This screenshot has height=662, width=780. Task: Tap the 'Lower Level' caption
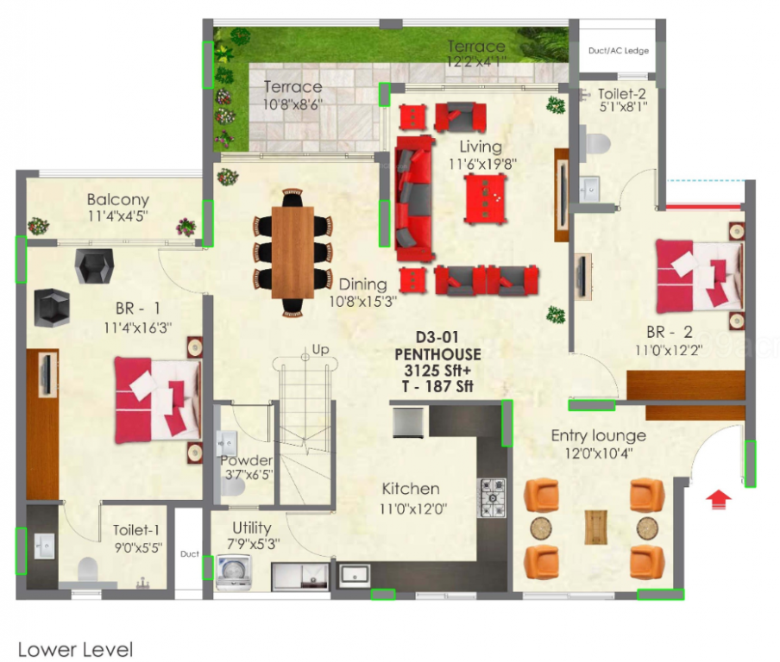[75, 649]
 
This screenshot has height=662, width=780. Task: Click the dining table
[292, 253]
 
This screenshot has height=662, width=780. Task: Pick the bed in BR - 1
[159, 400]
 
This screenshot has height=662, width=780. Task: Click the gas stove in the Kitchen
[493, 497]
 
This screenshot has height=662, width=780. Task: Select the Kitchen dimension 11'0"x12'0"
[415, 508]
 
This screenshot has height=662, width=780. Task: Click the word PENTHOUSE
[437, 354]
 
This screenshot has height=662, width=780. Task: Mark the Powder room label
[246, 460]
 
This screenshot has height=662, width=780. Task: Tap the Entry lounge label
[598, 435]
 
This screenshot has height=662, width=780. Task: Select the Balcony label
[117, 200]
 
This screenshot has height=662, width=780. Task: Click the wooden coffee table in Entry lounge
[594, 527]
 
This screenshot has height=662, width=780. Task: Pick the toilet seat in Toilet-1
[87, 569]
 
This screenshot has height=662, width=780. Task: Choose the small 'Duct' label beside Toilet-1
[189, 554]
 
